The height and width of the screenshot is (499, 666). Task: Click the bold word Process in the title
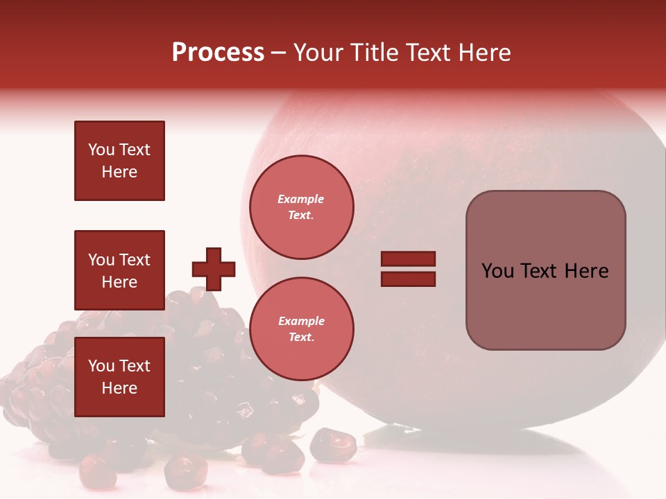click(218, 53)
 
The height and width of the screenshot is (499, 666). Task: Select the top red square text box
click(119, 161)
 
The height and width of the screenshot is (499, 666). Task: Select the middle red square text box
click(119, 270)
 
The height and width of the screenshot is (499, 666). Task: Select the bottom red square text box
click(119, 376)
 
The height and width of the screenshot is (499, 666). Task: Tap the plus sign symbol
click(214, 269)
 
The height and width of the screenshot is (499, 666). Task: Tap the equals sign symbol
click(408, 269)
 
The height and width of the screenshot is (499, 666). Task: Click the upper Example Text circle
click(302, 207)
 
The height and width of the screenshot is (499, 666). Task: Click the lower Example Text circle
click(302, 329)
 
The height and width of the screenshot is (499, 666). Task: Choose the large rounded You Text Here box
click(545, 270)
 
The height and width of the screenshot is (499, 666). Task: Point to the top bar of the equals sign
click(408, 259)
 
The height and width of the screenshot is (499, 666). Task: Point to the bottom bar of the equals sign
click(408, 279)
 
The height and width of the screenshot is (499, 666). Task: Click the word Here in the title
click(486, 53)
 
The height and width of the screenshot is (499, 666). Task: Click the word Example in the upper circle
click(301, 199)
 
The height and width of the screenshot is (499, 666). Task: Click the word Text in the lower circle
click(300, 337)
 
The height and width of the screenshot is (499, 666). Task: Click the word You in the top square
click(101, 150)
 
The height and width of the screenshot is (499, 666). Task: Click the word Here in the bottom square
click(119, 388)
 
